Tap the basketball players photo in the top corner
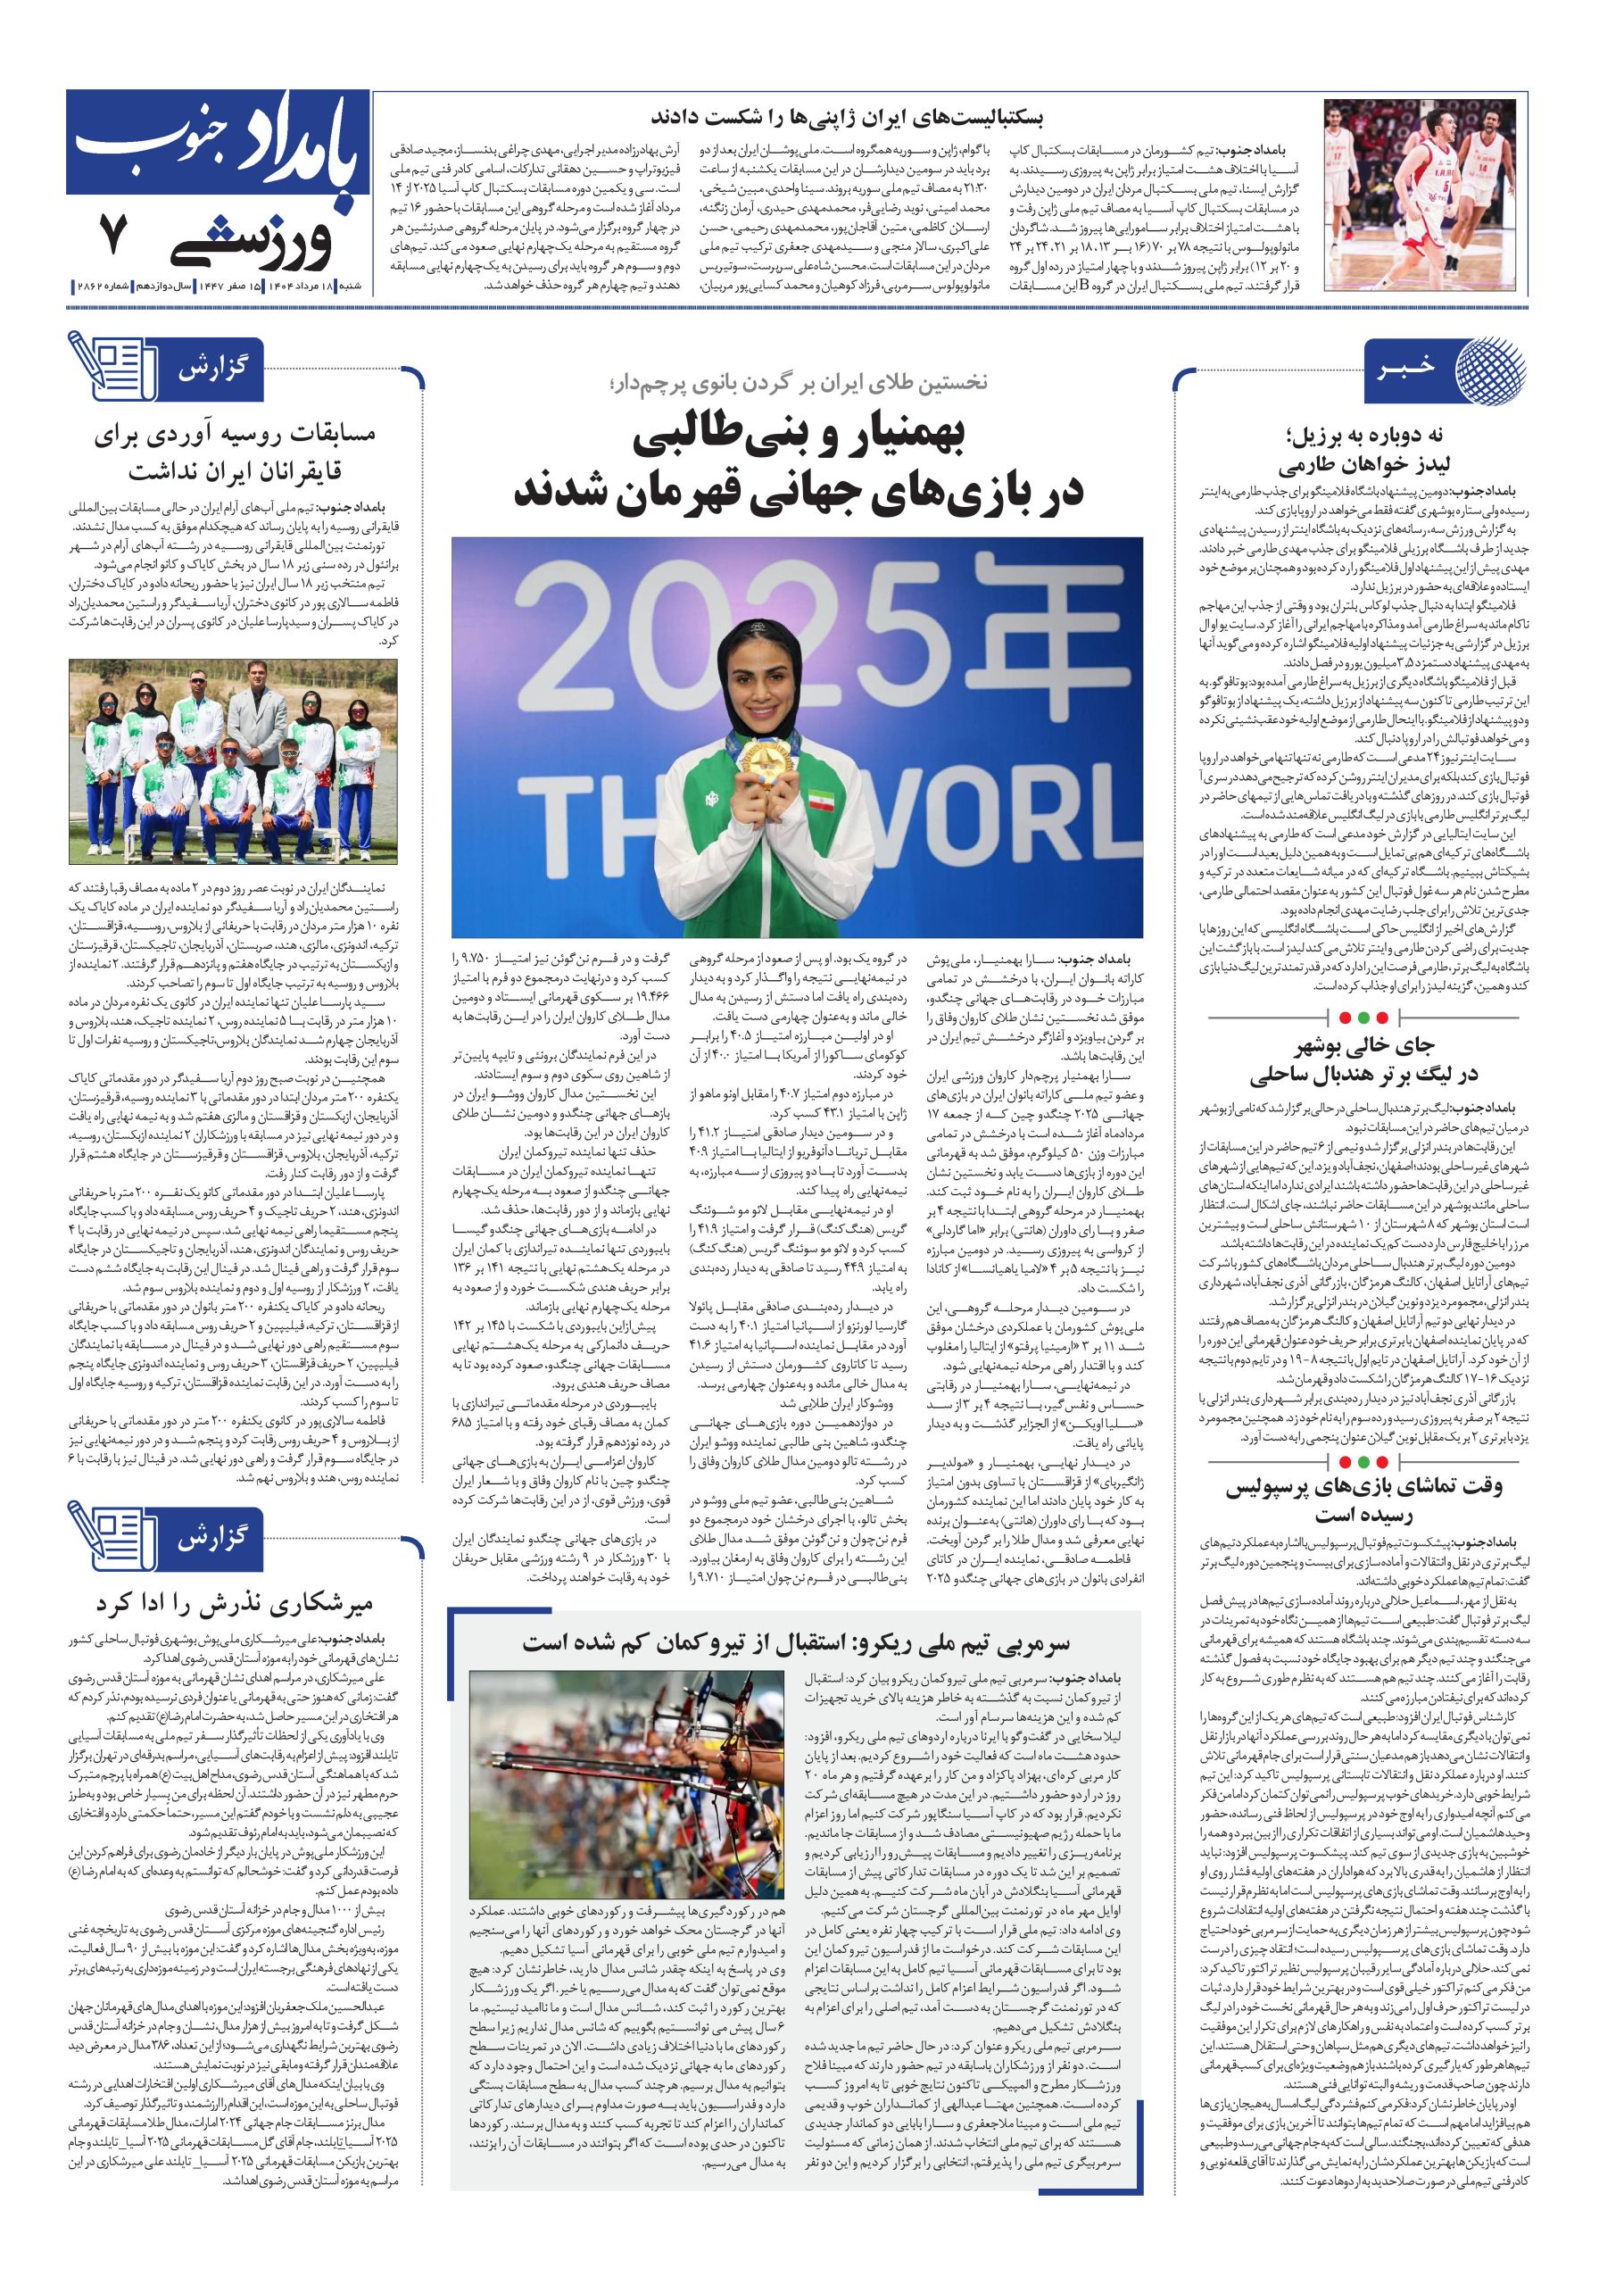pyautogui.click(x=1425, y=194)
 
